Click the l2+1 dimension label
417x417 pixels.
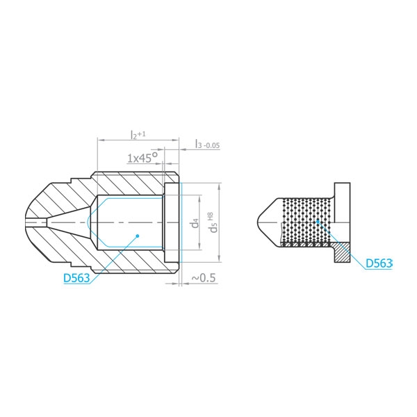pyautogui.click(x=138, y=134)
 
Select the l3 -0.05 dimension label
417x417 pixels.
pyautogui.click(x=208, y=144)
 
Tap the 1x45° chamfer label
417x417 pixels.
pyautogui.click(x=142, y=158)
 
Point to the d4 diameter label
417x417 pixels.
pyautogui.click(x=195, y=223)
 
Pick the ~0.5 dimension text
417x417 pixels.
pyautogui.click(x=204, y=278)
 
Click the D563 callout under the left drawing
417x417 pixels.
pyautogui.click(x=76, y=278)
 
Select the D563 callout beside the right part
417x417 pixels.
pyautogui.click(x=379, y=263)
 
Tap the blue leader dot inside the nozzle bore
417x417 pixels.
pyautogui.click(x=138, y=236)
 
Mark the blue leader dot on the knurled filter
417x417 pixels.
pyautogui.click(x=318, y=221)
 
